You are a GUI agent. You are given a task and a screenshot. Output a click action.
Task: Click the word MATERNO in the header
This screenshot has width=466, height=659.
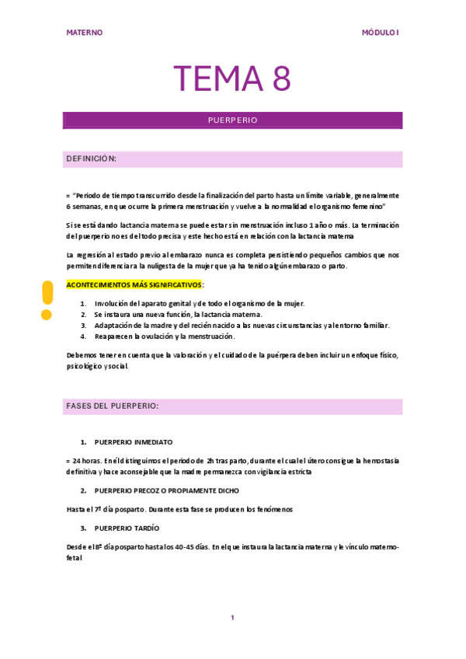(x=85, y=33)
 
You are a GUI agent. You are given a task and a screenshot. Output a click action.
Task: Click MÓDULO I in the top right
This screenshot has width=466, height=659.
(x=381, y=33)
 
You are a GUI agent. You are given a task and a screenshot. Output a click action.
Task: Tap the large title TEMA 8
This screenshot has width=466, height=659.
(x=232, y=78)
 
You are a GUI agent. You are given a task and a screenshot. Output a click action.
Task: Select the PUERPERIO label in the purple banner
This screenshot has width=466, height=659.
(x=232, y=120)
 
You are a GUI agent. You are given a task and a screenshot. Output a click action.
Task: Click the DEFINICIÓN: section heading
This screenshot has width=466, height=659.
(x=92, y=159)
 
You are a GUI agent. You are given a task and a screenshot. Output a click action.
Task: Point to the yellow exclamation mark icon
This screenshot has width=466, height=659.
(x=47, y=300)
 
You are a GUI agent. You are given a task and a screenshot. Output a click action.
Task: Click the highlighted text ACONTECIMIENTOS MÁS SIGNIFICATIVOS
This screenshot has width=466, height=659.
(x=134, y=284)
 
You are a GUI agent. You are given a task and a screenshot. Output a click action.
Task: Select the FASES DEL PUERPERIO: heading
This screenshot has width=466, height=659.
(x=113, y=406)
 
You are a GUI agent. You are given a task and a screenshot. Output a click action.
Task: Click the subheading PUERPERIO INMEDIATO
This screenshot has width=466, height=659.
(x=134, y=441)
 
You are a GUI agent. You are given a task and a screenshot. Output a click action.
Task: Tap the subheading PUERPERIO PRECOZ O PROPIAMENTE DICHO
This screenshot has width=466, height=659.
(x=166, y=490)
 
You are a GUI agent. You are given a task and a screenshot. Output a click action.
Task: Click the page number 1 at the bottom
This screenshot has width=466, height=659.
(x=232, y=617)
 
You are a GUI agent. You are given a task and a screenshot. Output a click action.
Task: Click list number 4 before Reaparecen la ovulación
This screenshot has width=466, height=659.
(x=83, y=336)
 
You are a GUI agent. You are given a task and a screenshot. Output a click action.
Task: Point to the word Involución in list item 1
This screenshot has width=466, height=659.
(x=111, y=303)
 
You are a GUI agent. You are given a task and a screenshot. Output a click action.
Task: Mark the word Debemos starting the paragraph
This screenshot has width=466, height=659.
(x=82, y=355)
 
